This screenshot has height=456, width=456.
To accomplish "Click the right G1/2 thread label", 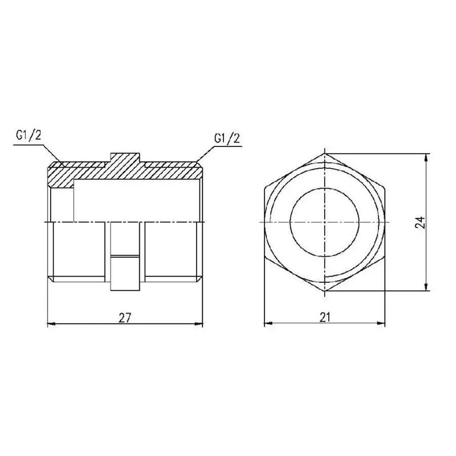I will pos(226,138).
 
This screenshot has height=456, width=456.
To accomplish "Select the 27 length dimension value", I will pos(125,318).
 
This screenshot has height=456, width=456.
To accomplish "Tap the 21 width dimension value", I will pos(325,318).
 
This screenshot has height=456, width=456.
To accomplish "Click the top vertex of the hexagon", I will pos(325,153).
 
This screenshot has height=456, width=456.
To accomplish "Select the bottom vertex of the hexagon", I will pos(325,292).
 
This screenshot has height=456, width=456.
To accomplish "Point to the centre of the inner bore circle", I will pos(325,222).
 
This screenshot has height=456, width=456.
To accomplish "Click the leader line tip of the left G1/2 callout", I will pos(62,164).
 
